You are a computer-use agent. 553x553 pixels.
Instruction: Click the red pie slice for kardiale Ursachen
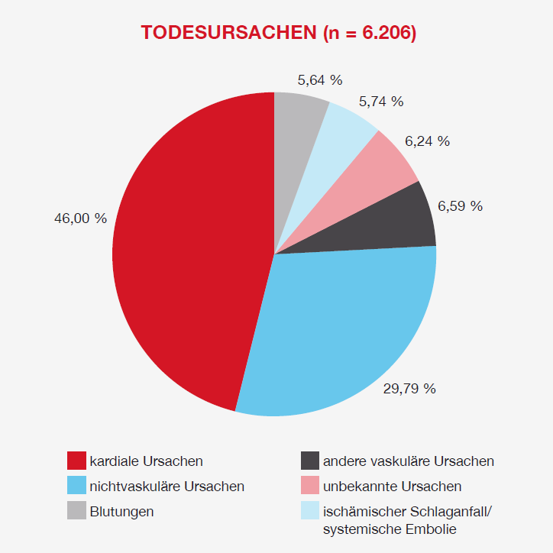coord(191,252)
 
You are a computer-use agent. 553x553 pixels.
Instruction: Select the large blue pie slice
coord(336,328)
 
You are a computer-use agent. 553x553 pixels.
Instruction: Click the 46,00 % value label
coord(80,218)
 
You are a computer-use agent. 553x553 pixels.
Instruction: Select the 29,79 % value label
coord(409,389)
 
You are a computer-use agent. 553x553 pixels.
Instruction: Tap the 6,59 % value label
coord(460,206)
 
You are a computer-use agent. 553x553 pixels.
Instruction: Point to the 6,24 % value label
coord(427,141)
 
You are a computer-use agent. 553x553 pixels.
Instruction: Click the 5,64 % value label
coord(320,79)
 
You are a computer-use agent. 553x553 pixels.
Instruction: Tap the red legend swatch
coord(76,461)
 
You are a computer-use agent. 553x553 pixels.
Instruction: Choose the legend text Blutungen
coord(121,511)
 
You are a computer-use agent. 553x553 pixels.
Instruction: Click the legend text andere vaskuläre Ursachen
coord(408,461)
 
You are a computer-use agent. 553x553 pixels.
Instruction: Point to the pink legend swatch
coord(309,486)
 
